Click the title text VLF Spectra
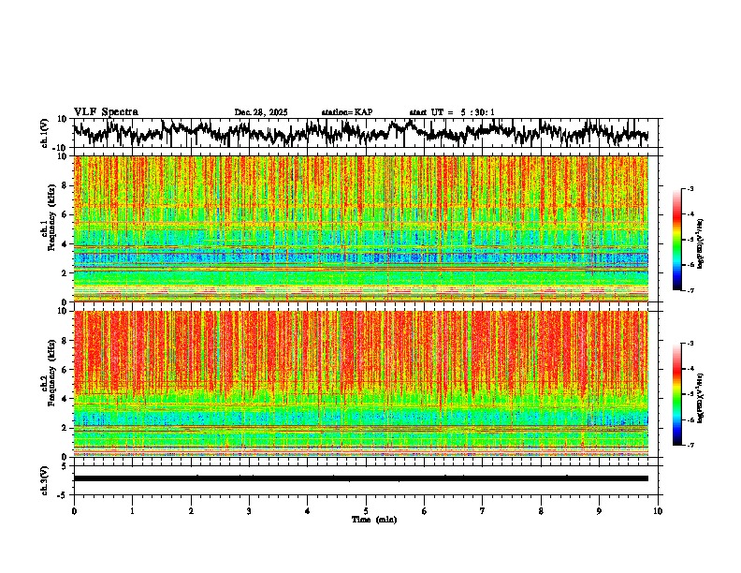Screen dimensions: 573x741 point(106,111)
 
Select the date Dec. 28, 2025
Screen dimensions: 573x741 point(260,112)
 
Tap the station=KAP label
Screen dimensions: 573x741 point(347,112)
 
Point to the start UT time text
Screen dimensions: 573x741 point(452,112)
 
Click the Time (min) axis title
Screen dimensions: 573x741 point(373,520)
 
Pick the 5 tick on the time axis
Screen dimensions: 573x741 point(366,511)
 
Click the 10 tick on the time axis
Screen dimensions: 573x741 point(658,511)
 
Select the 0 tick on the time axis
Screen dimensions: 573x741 point(74,511)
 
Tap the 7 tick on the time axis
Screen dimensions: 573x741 point(483,511)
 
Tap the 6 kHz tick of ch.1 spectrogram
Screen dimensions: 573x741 point(65,214)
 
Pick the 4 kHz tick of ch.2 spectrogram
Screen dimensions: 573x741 point(65,399)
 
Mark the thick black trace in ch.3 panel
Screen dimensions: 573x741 point(360,478)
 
